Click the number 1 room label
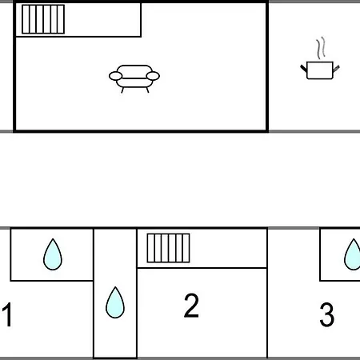8,314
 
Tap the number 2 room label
191,306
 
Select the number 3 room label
326,314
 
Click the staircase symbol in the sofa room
43,19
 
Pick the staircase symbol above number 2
168,248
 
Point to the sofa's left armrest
115,76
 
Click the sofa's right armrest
153,76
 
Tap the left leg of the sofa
122,90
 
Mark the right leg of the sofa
147,90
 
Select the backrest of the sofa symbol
134,70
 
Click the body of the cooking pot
320,70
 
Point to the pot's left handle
303,68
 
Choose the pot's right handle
336,69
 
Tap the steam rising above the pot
321,48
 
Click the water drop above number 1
53,254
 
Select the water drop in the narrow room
115,302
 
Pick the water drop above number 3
354,254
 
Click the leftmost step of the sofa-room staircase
26,19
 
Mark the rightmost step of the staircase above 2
186,248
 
